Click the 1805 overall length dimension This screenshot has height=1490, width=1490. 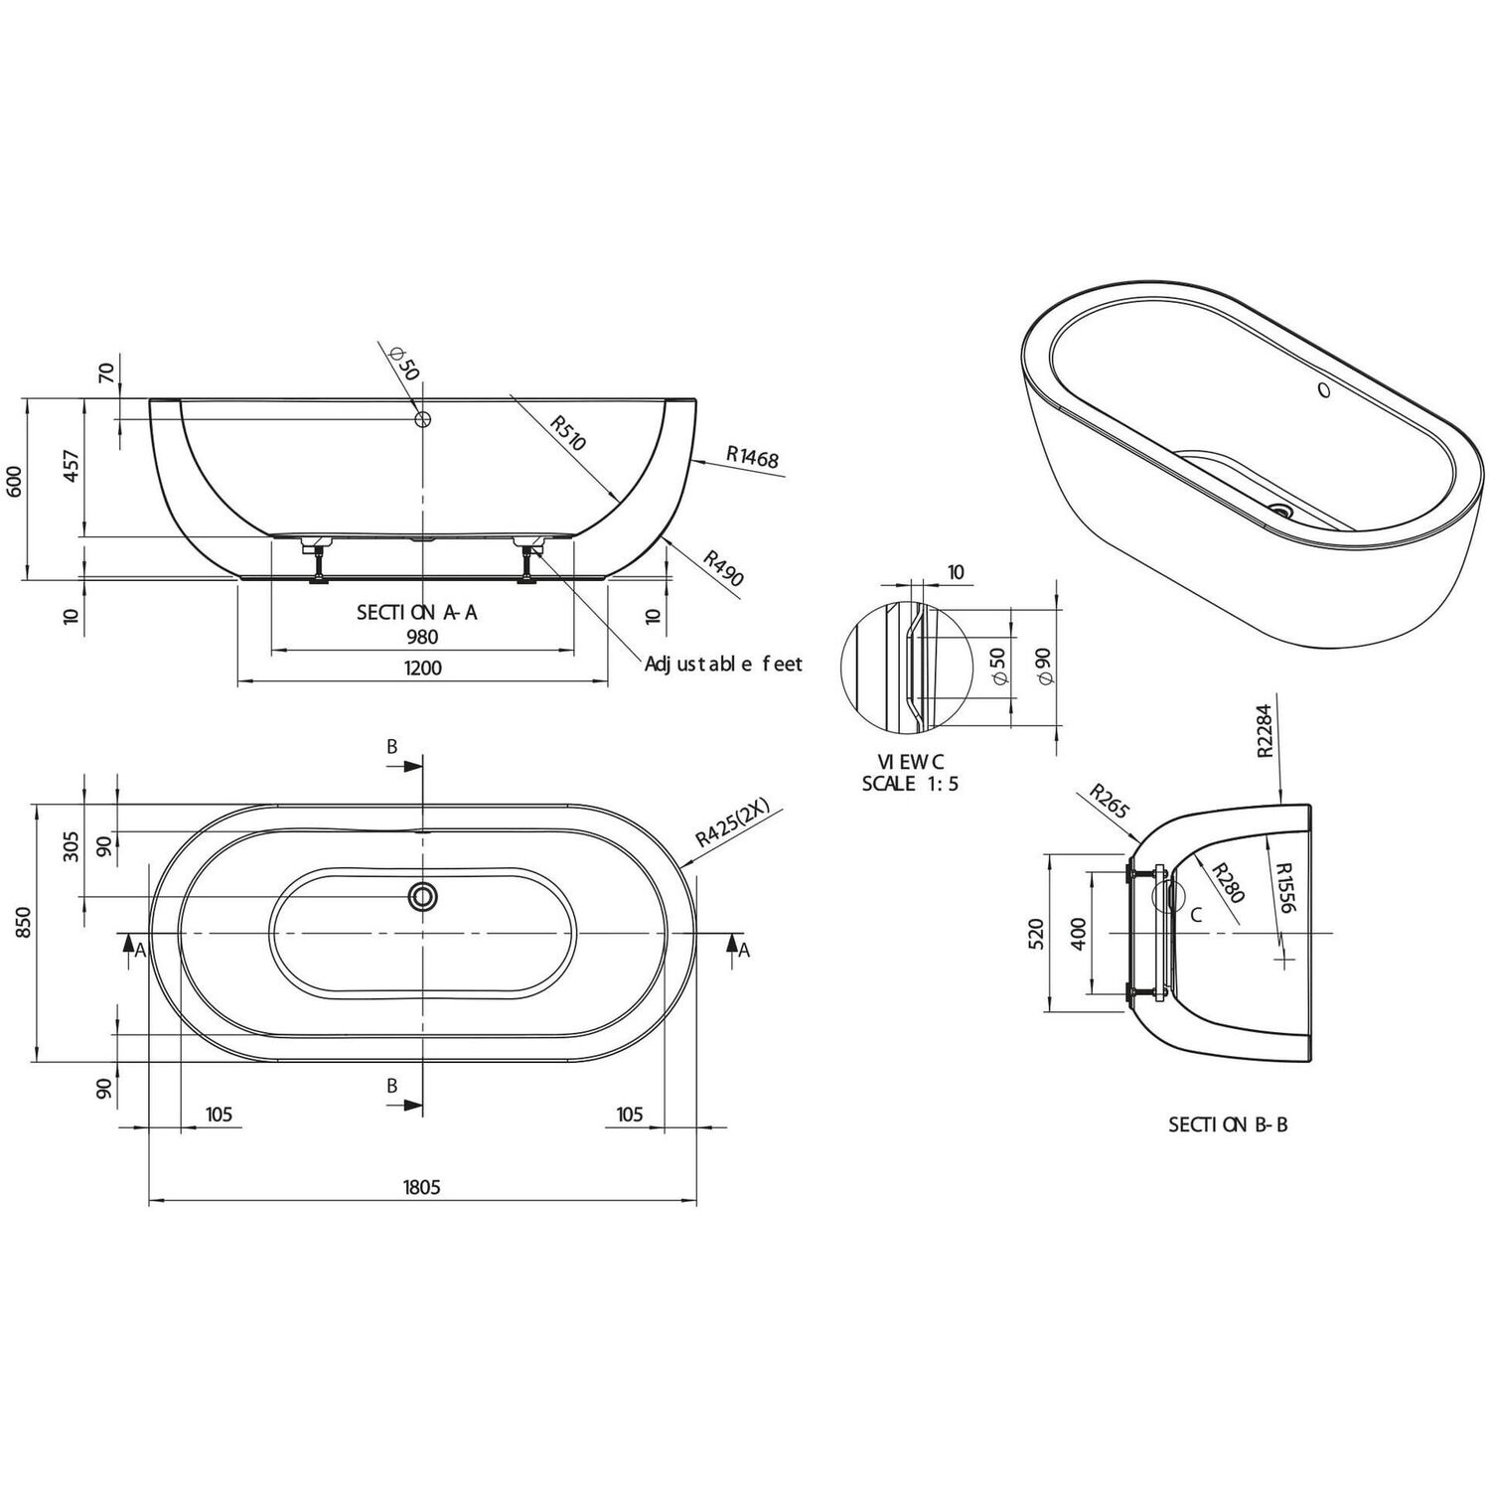421,1186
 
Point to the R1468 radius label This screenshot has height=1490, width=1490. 752,457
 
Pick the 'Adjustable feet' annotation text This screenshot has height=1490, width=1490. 723,664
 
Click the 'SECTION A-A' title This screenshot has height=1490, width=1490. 417,612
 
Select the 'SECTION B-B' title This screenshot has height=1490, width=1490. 1228,1124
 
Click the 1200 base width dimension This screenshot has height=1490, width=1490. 423,668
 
